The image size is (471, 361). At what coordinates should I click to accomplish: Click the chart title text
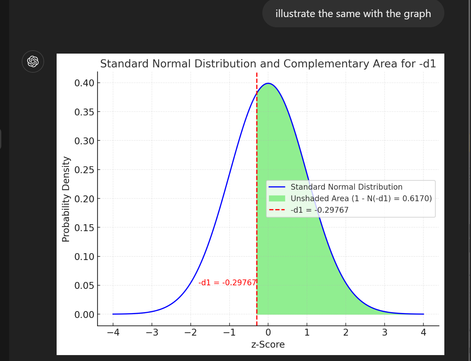(x=268, y=63)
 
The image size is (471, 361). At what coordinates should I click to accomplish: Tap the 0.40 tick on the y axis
(x=84, y=83)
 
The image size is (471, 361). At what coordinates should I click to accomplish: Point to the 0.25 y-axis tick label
(x=84, y=170)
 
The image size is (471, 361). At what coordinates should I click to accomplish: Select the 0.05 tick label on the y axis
(x=84, y=285)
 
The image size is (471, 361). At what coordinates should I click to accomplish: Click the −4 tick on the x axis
(x=113, y=333)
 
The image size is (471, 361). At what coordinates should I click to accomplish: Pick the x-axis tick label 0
(x=268, y=333)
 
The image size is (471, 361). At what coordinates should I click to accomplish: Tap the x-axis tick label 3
(x=384, y=333)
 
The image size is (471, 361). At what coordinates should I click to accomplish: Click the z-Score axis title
(x=268, y=345)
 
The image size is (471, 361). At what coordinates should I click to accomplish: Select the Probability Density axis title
(x=66, y=199)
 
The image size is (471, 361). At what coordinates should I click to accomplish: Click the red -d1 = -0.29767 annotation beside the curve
(x=227, y=283)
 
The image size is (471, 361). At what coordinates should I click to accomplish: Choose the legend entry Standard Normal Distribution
(x=346, y=187)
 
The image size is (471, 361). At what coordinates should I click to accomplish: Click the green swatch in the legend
(x=277, y=199)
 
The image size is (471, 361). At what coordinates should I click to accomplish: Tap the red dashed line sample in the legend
(x=277, y=210)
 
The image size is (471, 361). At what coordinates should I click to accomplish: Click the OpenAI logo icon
(x=33, y=61)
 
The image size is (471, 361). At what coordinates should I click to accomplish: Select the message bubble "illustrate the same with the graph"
(x=353, y=14)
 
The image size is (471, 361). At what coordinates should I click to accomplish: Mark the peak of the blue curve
(x=268, y=84)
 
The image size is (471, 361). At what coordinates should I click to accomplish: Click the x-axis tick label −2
(x=191, y=333)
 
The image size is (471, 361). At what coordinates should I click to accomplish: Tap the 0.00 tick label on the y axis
(x=84, y=315)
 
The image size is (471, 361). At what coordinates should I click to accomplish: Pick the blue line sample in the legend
(x=277, y=187)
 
